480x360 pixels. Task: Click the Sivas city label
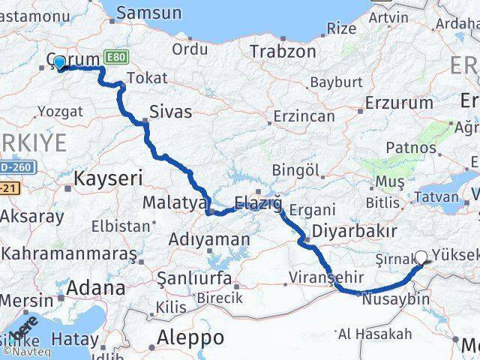pyautogui.click(x=170, y=112)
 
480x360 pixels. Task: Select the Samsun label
pyautogui.click(x=148, y=13)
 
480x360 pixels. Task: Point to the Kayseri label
pyautogui.click(x=108, y=178)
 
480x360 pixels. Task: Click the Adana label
pyautogui.click(x=96, y=287)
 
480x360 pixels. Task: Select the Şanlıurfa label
pyautogui.click(x=193, y=279)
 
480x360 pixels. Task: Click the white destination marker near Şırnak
pyautogui.click(x=420, y=258)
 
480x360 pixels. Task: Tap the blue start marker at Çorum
pyautogui.click(x=59, y=62)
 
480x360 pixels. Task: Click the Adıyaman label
pyautogui.click(x=210, y=240)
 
